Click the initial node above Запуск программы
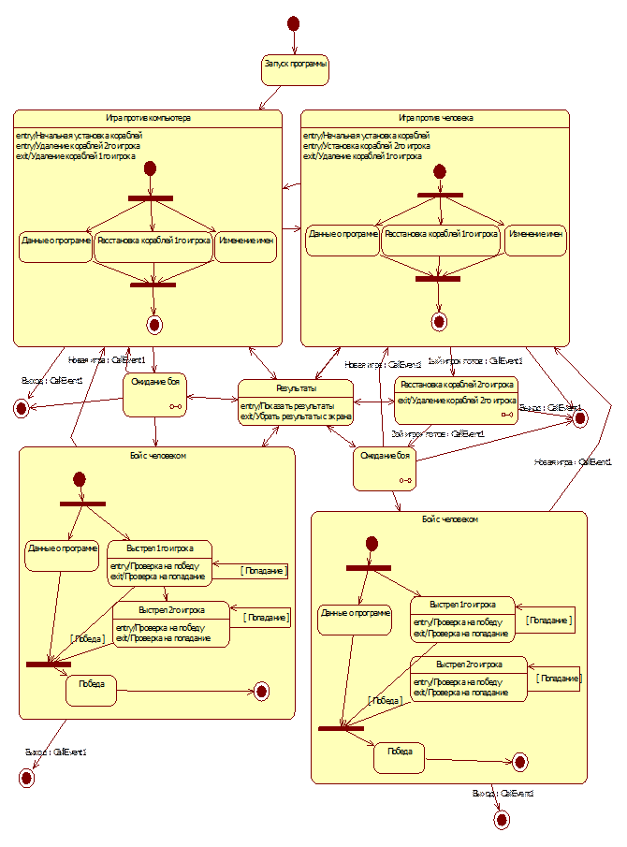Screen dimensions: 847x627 (x=293, y=22)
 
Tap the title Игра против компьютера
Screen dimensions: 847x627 (x=148, y=118)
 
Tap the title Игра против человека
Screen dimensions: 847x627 (x=435, y=118)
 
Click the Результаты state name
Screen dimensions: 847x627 (x=295, y=387)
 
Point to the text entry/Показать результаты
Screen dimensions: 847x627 (x=287, y=405)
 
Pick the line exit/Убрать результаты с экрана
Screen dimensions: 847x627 (x=296, y=416)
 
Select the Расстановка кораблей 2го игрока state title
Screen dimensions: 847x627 (x=457, y=384)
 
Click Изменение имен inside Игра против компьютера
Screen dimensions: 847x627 (x=246, y=241)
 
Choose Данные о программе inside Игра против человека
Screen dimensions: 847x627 (x=343, y=235)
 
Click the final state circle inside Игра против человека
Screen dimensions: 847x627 (x=439, y=321)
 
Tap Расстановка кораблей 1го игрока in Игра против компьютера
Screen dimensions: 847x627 (x=153, y=241)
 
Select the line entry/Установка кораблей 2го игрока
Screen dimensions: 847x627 (x=367, y=146)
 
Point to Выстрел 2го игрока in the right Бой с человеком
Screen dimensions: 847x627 (x=469, y=664)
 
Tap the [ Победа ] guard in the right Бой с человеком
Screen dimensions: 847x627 (x=386, y=700)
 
